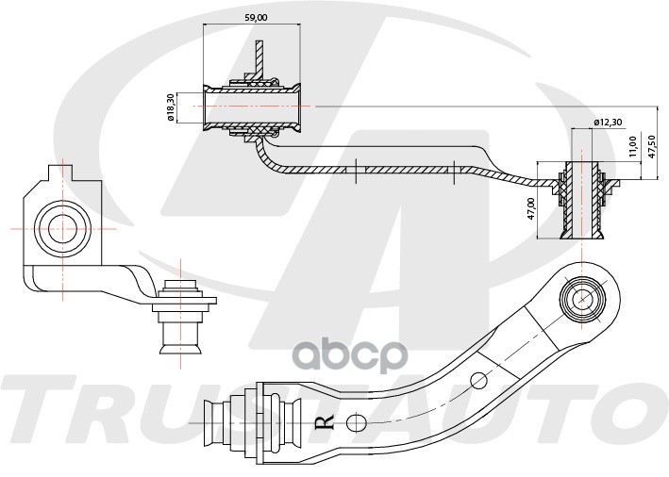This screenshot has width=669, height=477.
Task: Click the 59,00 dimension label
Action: pyautogui.click(x=256, y=18)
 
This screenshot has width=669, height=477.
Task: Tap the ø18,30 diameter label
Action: pyautogui.click(x=171, y=108)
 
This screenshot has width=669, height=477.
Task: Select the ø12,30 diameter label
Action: pyautogui.click(x=608, y=123)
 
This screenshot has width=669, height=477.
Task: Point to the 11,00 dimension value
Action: pyautogui.click(x=633, y=146)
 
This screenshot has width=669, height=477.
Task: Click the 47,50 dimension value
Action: pyautogui.click(x=652, y=147)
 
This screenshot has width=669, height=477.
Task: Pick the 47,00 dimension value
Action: pyautogui.click(x=531, y=208)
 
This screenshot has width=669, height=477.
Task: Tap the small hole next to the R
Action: pyautogui.click(x=356, y=422)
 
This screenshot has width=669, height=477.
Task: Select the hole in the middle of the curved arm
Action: pyautogui.click(x=478, y=380)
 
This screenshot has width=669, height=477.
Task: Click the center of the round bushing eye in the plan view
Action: pyautogui.click(x=583, y=299)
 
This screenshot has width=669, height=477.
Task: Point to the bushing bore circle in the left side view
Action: pyautogui.click(x=62, y=229)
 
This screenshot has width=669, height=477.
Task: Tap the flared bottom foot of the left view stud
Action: pyautogui.click(x=180, y=348)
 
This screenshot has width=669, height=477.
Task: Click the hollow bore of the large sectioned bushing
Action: pyautogui.click(x=252, y=107)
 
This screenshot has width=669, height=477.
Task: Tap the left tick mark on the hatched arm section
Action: pyautogui.click(x=356, y=172)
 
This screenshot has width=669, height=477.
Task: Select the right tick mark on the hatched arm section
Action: pyautogui.click(x=454, y=173)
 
